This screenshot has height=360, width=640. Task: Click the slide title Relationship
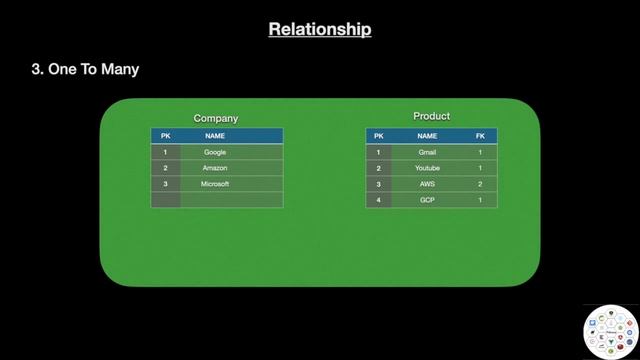click(x=320, y=29)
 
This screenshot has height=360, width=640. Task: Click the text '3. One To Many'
click(x=86, y=69)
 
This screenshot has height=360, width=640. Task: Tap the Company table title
click(x=216, y=118)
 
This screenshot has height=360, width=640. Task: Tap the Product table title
click(x=432, y=116)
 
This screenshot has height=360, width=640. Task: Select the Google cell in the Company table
click(x=215, y=152)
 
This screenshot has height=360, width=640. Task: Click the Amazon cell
click(x=215, y=168)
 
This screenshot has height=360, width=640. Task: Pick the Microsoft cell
click(x=215, y=184)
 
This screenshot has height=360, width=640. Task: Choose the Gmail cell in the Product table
click(x=427, y=152)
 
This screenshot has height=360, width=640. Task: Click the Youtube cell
click(x=427, y=168)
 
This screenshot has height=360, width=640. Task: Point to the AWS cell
click(x=427, y=184)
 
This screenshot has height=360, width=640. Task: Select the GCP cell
click(x=427, y=200)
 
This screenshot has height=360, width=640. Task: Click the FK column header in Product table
click(x=480, y=135)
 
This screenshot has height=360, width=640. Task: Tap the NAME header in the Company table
click(x=215, y=135)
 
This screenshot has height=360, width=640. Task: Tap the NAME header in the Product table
click(x=427, y=135)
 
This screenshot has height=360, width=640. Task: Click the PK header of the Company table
click(x=165, y=135)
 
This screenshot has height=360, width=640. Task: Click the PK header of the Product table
click(x=378, y=135)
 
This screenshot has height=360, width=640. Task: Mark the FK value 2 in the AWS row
click(x=480, y=184)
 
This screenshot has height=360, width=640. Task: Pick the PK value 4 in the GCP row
click(x=378, y=200)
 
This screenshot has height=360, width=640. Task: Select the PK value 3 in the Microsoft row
click(x=165, y=184)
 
